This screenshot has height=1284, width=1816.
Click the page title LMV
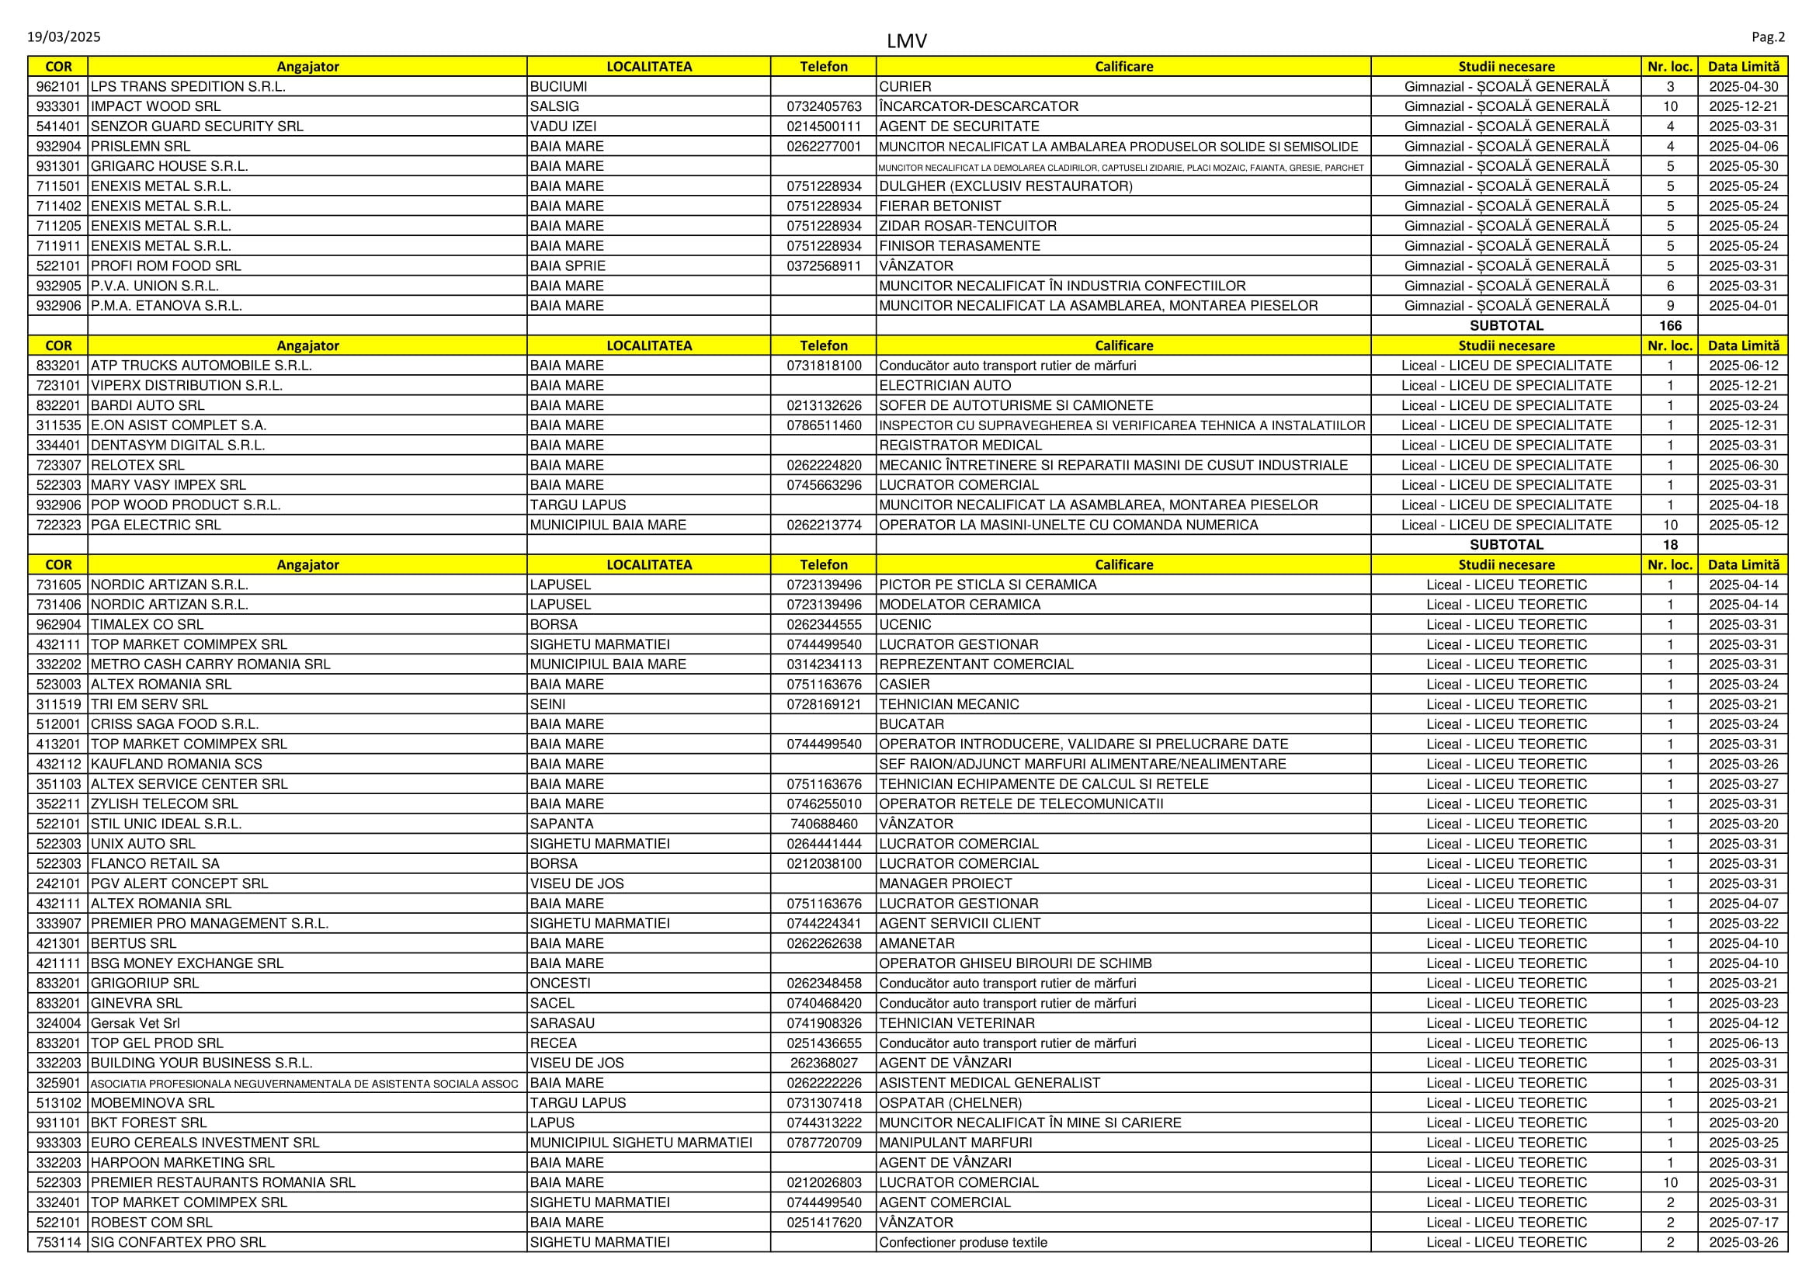(906, 40)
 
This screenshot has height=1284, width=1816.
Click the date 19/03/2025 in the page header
(64, 37)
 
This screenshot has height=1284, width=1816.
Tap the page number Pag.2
(1768, 37)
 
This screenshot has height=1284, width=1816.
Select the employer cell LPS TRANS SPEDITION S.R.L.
(188, 86)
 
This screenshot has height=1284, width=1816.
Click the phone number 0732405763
(823, 106)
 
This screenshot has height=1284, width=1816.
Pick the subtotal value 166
(1670, 326)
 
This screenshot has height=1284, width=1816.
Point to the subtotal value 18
(1670, 545)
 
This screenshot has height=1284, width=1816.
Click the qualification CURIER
(905, 86)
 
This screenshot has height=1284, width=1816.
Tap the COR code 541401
(58, 127)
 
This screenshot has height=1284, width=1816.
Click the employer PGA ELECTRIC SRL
(156, 525)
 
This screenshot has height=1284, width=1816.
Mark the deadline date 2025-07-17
(1743, 1223)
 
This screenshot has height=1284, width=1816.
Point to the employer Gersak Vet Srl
(135, 1023)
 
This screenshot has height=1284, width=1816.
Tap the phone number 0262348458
(823, 984)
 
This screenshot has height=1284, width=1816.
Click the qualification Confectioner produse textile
(963, 1242)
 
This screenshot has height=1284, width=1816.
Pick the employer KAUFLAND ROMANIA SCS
(176, 764)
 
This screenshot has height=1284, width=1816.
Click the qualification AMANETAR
(917, 943)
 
